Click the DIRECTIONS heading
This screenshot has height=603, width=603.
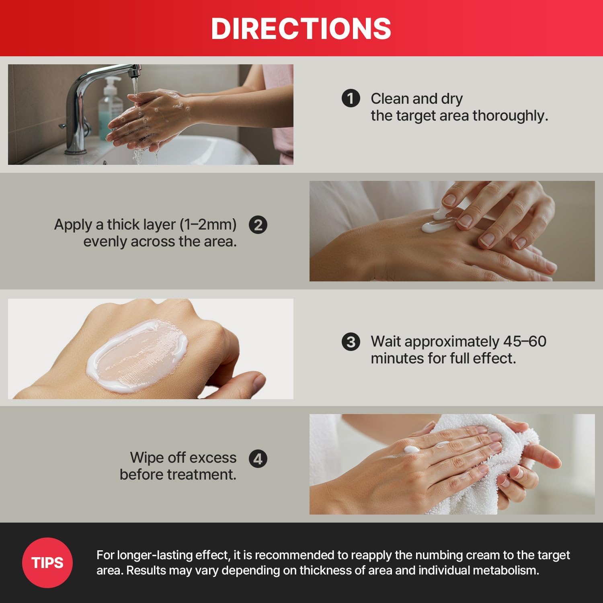[x=301, y=28]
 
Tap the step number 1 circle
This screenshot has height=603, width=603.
[x=351, y=98]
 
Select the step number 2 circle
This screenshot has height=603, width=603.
[x=258, y=225]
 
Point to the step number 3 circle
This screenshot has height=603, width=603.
[x=351, y=342]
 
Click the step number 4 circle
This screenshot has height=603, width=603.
[x=258, y=459]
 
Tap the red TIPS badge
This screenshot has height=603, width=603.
[x=47, y=562]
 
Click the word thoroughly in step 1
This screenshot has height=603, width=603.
[x=510, y=116]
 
